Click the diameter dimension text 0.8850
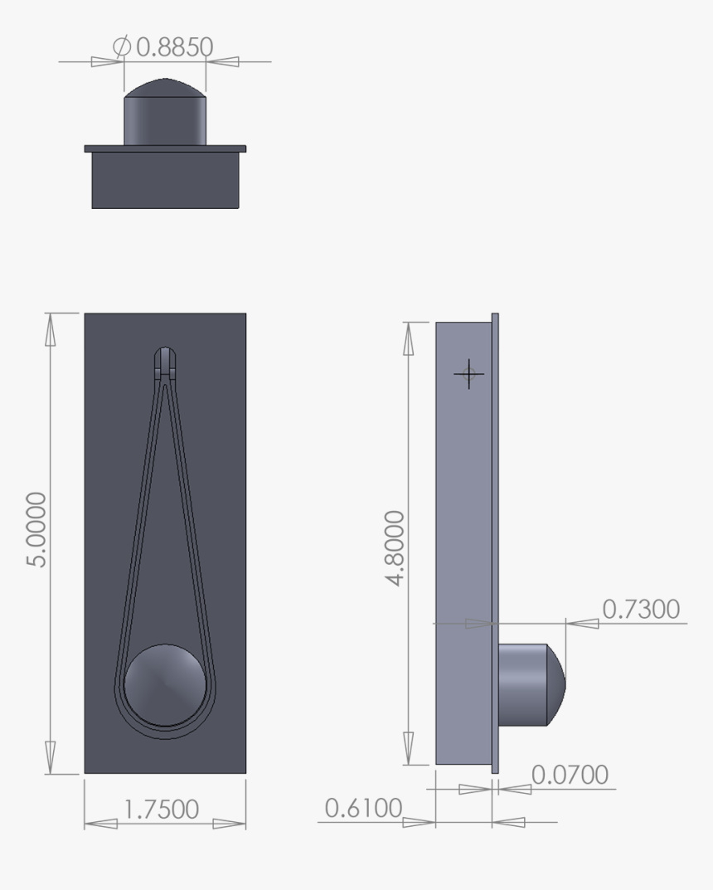tap(173, 47)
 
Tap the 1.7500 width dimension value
tap(161, 809)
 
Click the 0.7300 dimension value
tap(639, 609)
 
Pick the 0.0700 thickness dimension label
tap(569, 775)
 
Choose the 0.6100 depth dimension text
tap(362, 808)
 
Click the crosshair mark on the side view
tap(469, 374)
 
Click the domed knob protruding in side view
tap(531, 684)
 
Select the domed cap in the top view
tap(165, 87)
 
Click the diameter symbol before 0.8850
tap(121, 47)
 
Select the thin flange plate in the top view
tap(165, 148)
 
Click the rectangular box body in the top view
tap(165, 180)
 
